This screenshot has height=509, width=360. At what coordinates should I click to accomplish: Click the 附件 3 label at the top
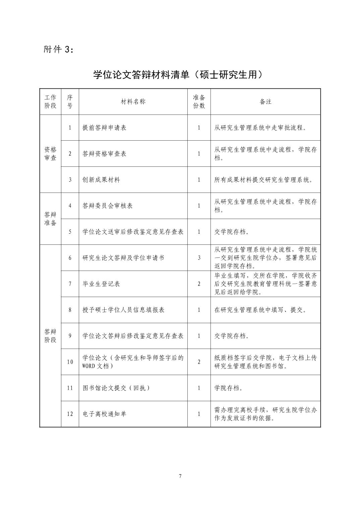point(58,49)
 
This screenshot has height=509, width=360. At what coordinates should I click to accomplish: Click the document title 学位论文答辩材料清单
point(177,74)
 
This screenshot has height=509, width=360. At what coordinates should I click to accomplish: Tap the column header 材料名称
point(133,102)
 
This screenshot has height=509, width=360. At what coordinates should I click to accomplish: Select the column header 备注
point(265,102)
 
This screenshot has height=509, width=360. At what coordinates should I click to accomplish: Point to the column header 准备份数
point(199,102)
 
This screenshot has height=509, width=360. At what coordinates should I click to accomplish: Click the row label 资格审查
point(50,154)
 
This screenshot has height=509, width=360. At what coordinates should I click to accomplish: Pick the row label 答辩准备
point(50,219)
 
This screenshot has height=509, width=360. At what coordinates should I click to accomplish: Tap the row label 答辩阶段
point(50,336)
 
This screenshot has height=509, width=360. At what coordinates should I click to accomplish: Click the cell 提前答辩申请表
point(104,128)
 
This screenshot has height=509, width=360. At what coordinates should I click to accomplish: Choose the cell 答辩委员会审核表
point(107,206)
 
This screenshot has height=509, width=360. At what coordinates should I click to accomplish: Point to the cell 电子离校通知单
point(104,414)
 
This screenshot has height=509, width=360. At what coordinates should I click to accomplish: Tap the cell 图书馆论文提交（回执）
point(116,388)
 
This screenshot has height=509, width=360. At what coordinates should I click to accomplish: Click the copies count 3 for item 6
point(199,258)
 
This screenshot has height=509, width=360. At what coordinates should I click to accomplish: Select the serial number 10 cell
point(70,362)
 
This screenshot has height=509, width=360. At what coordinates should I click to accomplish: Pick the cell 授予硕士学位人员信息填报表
point(123,310)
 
